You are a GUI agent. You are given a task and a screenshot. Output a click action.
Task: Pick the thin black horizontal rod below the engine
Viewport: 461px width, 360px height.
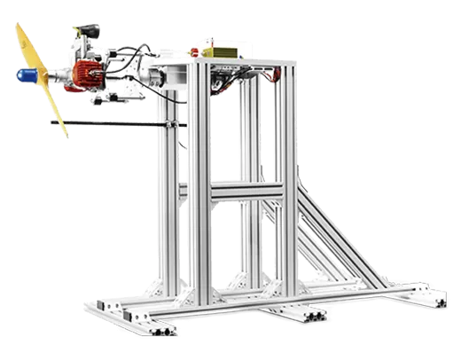115,126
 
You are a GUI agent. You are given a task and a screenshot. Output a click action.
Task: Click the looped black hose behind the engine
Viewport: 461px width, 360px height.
133,67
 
